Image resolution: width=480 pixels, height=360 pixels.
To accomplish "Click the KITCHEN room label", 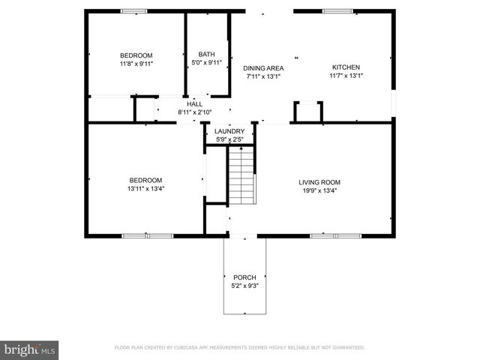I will (x=346, y=67).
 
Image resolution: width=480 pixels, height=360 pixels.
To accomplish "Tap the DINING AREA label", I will (x=262, y=67).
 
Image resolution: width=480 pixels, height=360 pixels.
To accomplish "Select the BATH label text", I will (x=206, y=54).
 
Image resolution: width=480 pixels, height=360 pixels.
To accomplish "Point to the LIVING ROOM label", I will (x=319, y=182).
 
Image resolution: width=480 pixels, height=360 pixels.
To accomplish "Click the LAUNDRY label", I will (x=229, y=131).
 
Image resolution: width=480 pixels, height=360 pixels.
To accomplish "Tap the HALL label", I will (x=194, y=104).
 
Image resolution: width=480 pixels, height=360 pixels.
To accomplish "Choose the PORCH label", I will (x=244, y=277).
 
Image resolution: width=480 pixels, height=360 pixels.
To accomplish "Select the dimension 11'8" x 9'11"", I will (x=136, y=64).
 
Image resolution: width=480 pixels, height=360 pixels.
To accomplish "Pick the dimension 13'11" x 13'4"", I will (x=145, y=189).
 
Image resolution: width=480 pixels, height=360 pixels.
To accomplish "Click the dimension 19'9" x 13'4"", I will (x=319, y=190).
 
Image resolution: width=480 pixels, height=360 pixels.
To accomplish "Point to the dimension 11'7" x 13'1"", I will (x=346, y=76).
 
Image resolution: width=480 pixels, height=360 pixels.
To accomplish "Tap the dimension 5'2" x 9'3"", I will (x=244, y=286).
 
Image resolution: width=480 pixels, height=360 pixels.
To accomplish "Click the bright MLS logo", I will (x=30, y=349).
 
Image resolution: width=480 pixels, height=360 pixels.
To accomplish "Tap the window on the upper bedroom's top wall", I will (x=135, y=11).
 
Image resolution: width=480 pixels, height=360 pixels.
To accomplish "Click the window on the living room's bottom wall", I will (x=335, y=235).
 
